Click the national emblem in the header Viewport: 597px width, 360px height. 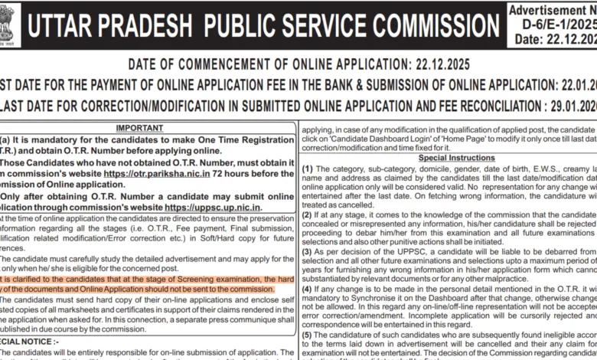point(10,24)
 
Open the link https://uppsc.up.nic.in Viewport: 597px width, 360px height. point(213,207)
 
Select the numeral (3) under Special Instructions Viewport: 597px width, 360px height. point(308,250)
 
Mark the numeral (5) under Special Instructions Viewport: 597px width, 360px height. point(308,334)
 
